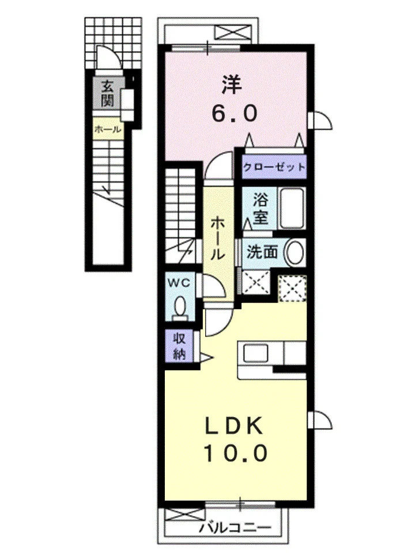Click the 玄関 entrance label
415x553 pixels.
click(107, 93)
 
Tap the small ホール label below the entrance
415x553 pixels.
click(108, 130)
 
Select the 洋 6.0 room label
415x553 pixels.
click(234, 100)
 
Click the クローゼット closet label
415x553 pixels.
click(274, 166)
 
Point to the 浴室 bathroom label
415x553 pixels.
click(261, 209)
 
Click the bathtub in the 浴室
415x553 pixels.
click(292, 209)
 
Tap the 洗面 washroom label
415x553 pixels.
click(262, 252)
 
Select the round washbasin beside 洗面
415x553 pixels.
click(295, 252)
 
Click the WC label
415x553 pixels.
click(179, 282)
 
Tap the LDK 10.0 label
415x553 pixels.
click(235, 440)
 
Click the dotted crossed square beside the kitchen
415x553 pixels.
click(292, 289)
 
